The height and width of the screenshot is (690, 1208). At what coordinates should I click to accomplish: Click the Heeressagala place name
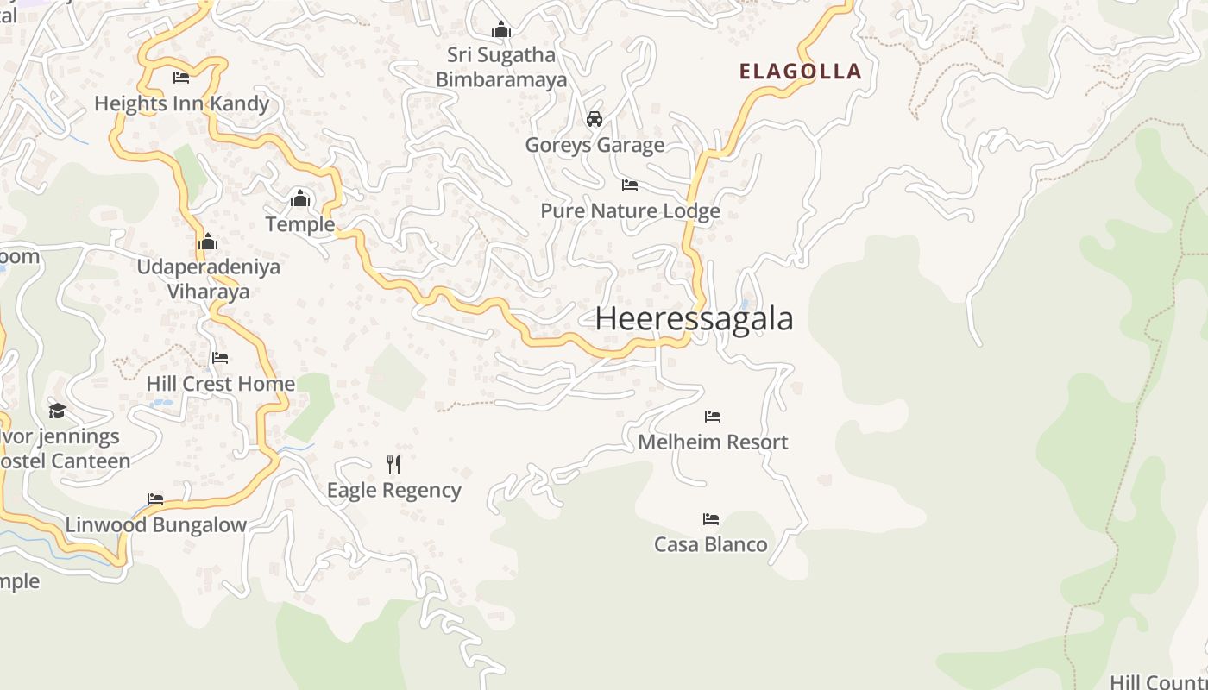[694, 319]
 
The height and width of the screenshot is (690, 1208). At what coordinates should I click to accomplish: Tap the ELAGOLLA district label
[800, 72]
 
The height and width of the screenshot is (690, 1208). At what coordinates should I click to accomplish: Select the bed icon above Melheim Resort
[713, 417]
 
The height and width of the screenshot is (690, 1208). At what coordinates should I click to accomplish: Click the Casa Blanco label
[710, 544]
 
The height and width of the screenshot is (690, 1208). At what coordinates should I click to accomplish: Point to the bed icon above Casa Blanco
[711, 519]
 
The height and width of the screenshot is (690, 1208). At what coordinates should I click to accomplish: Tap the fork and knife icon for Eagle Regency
[393, 465]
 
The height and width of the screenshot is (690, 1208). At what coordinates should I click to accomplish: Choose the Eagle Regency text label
[393, 491]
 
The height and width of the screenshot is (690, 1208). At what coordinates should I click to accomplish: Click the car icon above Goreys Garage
[595, 119]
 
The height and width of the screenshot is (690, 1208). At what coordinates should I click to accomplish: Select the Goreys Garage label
[595, 145]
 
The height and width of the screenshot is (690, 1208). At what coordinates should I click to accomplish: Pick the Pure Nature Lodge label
[630, 211]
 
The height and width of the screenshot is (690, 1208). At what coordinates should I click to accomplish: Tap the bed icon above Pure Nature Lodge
[630, 185]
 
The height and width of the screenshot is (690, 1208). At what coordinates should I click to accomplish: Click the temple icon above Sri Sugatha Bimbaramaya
[501, 30]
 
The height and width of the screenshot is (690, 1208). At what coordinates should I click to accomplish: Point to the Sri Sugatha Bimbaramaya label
[501, 67]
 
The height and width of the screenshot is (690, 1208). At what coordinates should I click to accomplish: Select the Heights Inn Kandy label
[181, 104]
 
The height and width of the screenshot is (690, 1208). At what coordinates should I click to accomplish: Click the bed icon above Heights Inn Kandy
[181, 78]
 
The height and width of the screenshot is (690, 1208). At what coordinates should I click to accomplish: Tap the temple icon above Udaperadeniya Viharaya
[208, 241]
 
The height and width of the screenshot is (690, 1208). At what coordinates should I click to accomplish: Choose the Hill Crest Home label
[220, 384]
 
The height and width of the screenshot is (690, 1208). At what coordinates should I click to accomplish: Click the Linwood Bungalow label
[155, 525]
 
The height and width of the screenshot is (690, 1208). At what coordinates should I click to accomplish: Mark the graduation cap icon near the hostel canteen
[57, 411]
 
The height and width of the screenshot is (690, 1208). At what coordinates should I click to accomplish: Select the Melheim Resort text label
[713, 442]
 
